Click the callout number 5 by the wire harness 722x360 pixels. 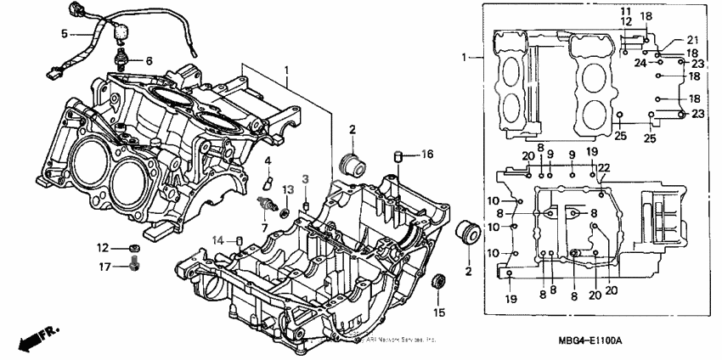click(x=64, y=34)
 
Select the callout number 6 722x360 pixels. click(x=149, y=61)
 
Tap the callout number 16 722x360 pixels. click(x=427, y=154)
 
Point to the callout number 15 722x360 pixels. click(x=439, y=312)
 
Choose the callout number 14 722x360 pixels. click(x=218, y=239)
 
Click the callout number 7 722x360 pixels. click(x=264, y=228)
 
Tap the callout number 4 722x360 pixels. click(x=267, y=160)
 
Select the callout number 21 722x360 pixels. click(x=691, y=41)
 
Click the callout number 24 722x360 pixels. click(x=641, y=63)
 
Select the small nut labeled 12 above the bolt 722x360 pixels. click(x=134, y=249)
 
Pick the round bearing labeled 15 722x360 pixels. click(x=439, y=283)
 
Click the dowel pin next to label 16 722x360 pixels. click(x=396, y=155)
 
